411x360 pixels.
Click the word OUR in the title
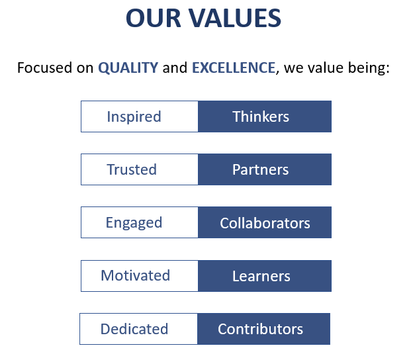pyautogui.click(x=154, y=18)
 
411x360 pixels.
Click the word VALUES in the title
pyautogui.click(x=235, y=18)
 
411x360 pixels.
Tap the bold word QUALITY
pyautogui.click(x=128, y=68)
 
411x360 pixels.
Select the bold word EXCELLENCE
pyautogui.click(x=234, y=67)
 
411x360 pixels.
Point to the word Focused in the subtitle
pyautogui.click(x=44, y=67)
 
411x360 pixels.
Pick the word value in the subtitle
pyautogui.click(x=325, y=67)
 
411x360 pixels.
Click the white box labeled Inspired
pyautogui.click(x=140, y=116)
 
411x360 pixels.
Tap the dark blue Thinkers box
pyautogui.click(x=265, y=116)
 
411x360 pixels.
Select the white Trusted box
pyautogui.click(x=140, y=169)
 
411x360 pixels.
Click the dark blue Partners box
pyautogui.click(x=265, y=169)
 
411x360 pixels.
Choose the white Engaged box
pyautogui.click(x=140, y=222)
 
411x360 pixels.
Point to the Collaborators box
pyautogui.click(x=265, y=222)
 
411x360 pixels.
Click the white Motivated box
pyautogui.click(x=140, y=276)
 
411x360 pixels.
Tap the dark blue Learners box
pyautogui.click(x=265, y=276)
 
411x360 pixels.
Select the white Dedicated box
pyautogui.click(x=138, y=328)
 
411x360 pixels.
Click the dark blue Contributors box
pyautogui.click(x=263, y=328)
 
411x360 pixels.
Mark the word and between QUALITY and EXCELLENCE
pyautogui.click(x=175, y=67)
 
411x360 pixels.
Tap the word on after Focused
pyautogui.click(x=85, y=69)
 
